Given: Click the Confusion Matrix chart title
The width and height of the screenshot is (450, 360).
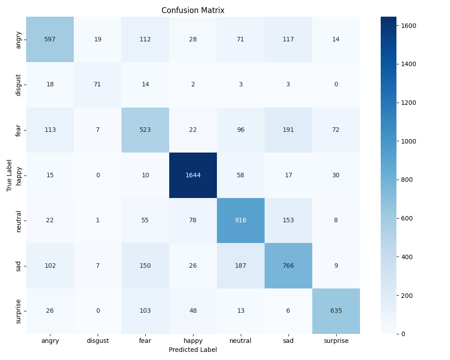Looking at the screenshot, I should [193, 10].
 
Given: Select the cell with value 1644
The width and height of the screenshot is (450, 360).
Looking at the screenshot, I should [193, 175].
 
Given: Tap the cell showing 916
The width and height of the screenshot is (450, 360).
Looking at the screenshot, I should [241, 220].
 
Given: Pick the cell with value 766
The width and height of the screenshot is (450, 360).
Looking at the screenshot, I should [288, 265].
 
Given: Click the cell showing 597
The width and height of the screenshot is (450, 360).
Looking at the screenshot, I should [50, 39].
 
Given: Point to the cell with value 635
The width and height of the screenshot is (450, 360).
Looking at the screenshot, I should [336, 310].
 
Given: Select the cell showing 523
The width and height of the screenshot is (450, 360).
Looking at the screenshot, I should [145, 130].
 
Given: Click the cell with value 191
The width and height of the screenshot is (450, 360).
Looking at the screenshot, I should [288, 130].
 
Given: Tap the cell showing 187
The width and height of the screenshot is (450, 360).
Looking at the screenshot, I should [241, 265].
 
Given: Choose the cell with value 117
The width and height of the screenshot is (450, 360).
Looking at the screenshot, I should [288, 39].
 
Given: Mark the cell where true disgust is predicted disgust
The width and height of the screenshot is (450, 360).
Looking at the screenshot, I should [98, 84].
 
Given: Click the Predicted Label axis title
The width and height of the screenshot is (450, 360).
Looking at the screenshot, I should [193, 350].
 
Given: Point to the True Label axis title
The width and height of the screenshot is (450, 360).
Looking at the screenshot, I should [9, 175].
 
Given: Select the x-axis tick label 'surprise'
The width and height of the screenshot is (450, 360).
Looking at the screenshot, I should [336, 341].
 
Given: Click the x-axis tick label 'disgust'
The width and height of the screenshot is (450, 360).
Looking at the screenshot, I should [98, 341].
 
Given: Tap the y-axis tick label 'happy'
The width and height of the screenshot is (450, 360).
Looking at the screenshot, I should [19, 175].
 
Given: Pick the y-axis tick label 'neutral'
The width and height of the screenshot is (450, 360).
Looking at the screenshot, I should [19, 220].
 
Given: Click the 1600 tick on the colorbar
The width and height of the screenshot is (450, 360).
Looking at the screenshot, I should [409, 26].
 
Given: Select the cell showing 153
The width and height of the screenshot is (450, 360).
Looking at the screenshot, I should [288, 220].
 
